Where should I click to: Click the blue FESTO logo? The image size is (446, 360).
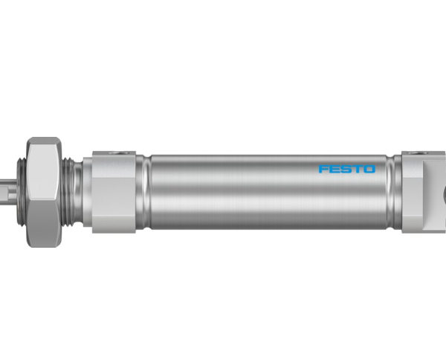point(347,169)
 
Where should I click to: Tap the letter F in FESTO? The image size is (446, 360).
point(323,169)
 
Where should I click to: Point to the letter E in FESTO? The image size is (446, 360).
point(334,169)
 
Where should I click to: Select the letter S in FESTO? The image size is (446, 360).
point(346,169)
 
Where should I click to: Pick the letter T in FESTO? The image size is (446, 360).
point(358,169)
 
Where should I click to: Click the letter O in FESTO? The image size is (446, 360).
point(369,169)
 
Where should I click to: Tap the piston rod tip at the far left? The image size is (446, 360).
point(7,191)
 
